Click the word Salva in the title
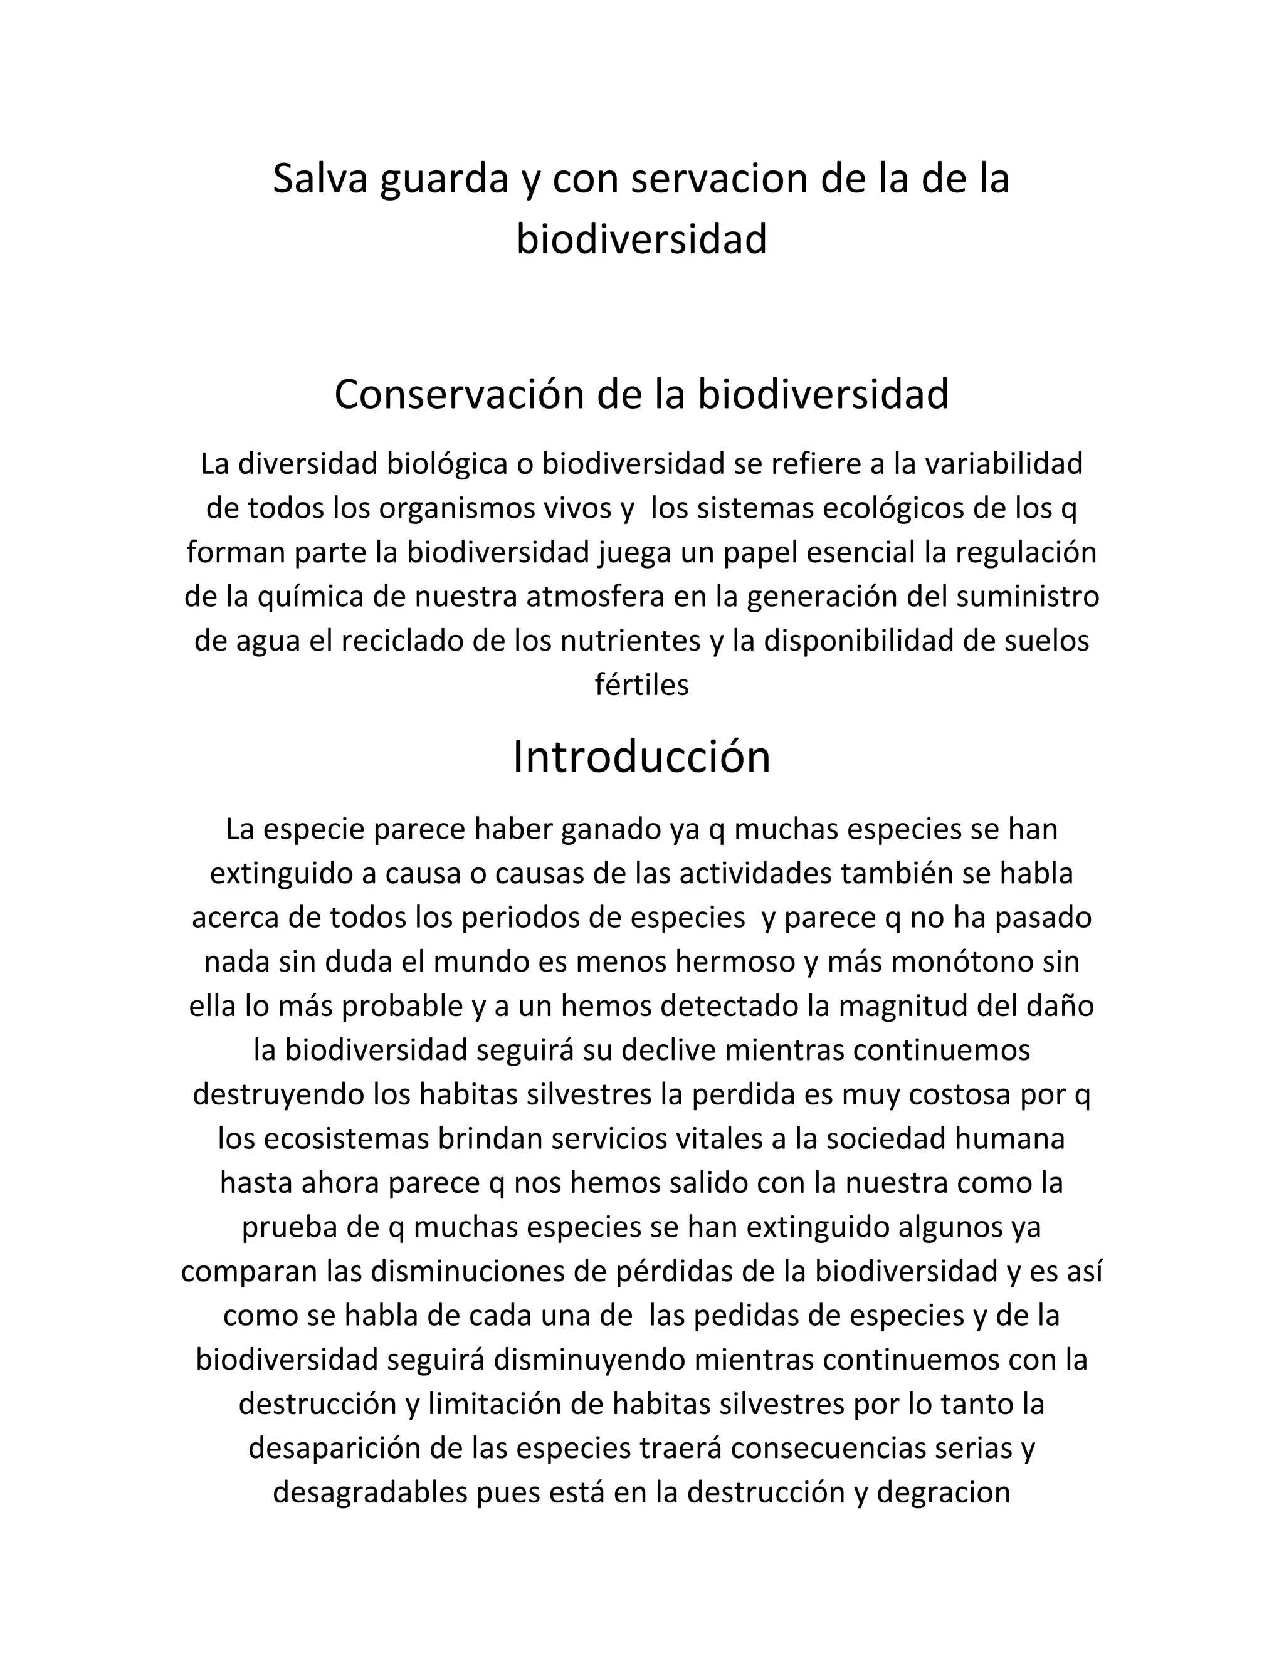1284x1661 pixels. click(320, 179)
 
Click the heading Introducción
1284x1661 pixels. click(641, 758)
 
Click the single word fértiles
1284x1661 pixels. click(641, 684)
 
